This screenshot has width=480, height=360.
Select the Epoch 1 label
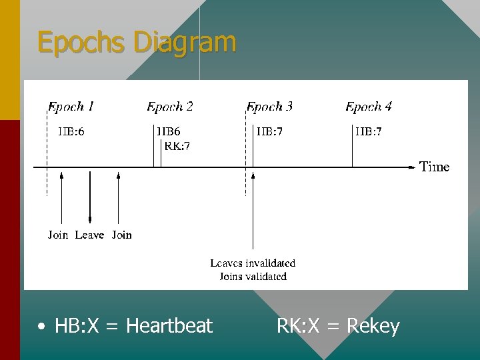71,107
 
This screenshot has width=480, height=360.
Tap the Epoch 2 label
170,107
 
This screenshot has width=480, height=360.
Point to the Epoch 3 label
269,107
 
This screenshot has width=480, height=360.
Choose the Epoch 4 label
369,107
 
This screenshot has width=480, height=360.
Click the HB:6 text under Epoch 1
71,132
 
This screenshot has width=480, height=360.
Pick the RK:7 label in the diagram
177,147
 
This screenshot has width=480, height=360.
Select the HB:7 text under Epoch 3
269,132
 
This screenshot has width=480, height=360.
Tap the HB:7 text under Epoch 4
369,132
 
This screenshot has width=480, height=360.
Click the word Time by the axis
435,167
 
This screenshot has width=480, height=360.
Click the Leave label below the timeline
89,235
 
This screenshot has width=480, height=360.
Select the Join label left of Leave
58,235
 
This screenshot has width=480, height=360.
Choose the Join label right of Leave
122,235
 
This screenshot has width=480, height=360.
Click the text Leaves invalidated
253,263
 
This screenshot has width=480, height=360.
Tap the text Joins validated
253,276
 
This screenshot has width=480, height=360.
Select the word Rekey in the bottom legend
373,326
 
